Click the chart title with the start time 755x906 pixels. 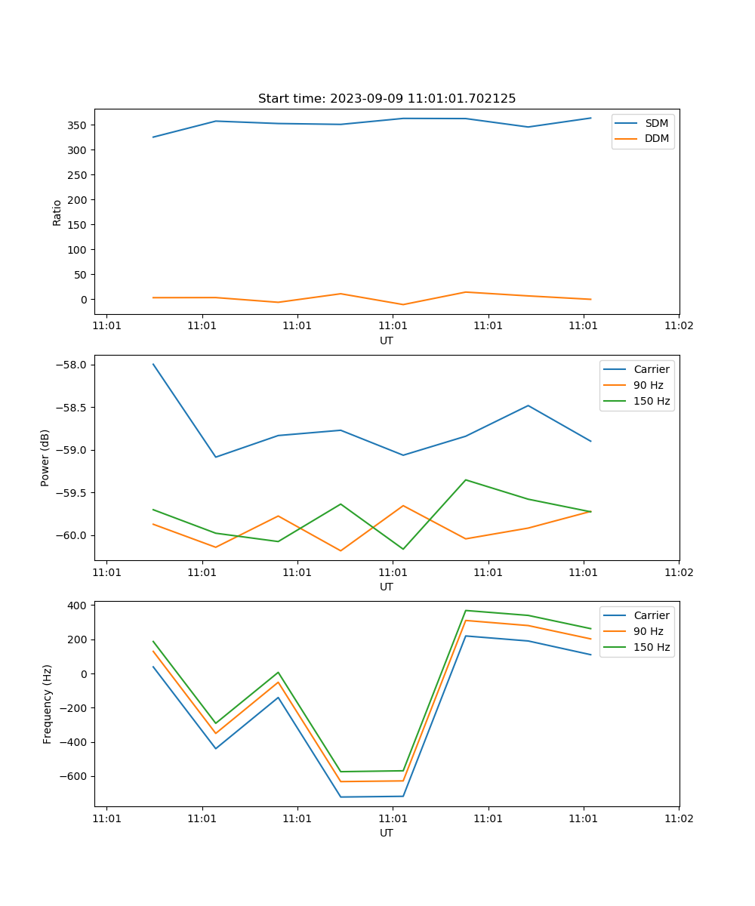(x=387, y=99)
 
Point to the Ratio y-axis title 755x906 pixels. (x=57, y=213)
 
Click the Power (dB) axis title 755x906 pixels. (x=45, y=458)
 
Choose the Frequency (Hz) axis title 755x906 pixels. (x=48, y=704)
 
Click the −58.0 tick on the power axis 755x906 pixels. (x=72, y=365)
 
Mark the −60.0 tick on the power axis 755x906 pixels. (x=72, y=535)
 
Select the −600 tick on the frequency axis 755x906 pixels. (x=74, y=776)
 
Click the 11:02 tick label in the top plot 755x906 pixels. (x=679, y=326)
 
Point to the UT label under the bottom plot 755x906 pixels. (x=387, y=833)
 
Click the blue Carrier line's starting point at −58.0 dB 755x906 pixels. (x=153, y=364)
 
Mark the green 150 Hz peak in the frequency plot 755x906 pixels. (x=466, y=610)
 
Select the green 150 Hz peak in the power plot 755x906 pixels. (x=466, y=479)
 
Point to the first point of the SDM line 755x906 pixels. (x=153, y=137)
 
